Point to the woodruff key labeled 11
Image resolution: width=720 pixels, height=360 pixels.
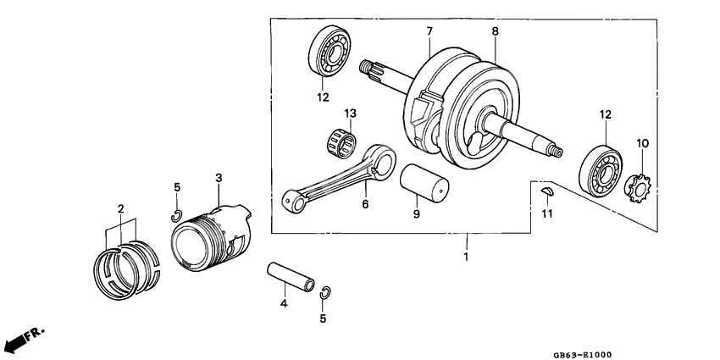coord(547,191)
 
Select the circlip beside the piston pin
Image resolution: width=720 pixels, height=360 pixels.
coord(326,292)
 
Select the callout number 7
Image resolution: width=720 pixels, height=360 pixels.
coord(429,30)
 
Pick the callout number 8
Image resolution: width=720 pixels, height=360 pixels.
coord(496,30)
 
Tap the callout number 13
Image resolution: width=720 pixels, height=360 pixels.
coord(350,113)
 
